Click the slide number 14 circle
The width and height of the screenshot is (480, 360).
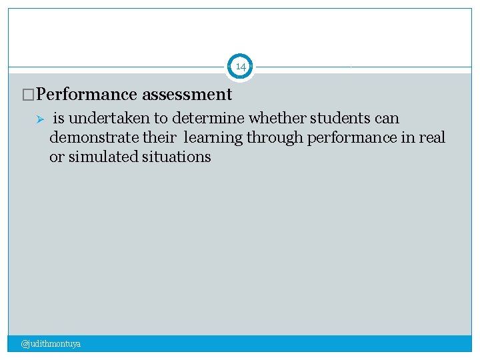click(241, 67)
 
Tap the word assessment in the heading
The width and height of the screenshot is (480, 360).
click(187, 95)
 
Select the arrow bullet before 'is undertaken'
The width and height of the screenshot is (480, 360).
click(39, 119)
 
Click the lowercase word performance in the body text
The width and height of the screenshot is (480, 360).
click(353, 138)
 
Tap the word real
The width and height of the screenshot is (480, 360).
click(432, 138)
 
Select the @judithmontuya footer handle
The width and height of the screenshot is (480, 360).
click(51, 344)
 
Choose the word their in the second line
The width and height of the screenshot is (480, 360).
click(160, 138)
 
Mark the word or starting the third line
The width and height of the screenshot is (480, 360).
click(57, 157)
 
